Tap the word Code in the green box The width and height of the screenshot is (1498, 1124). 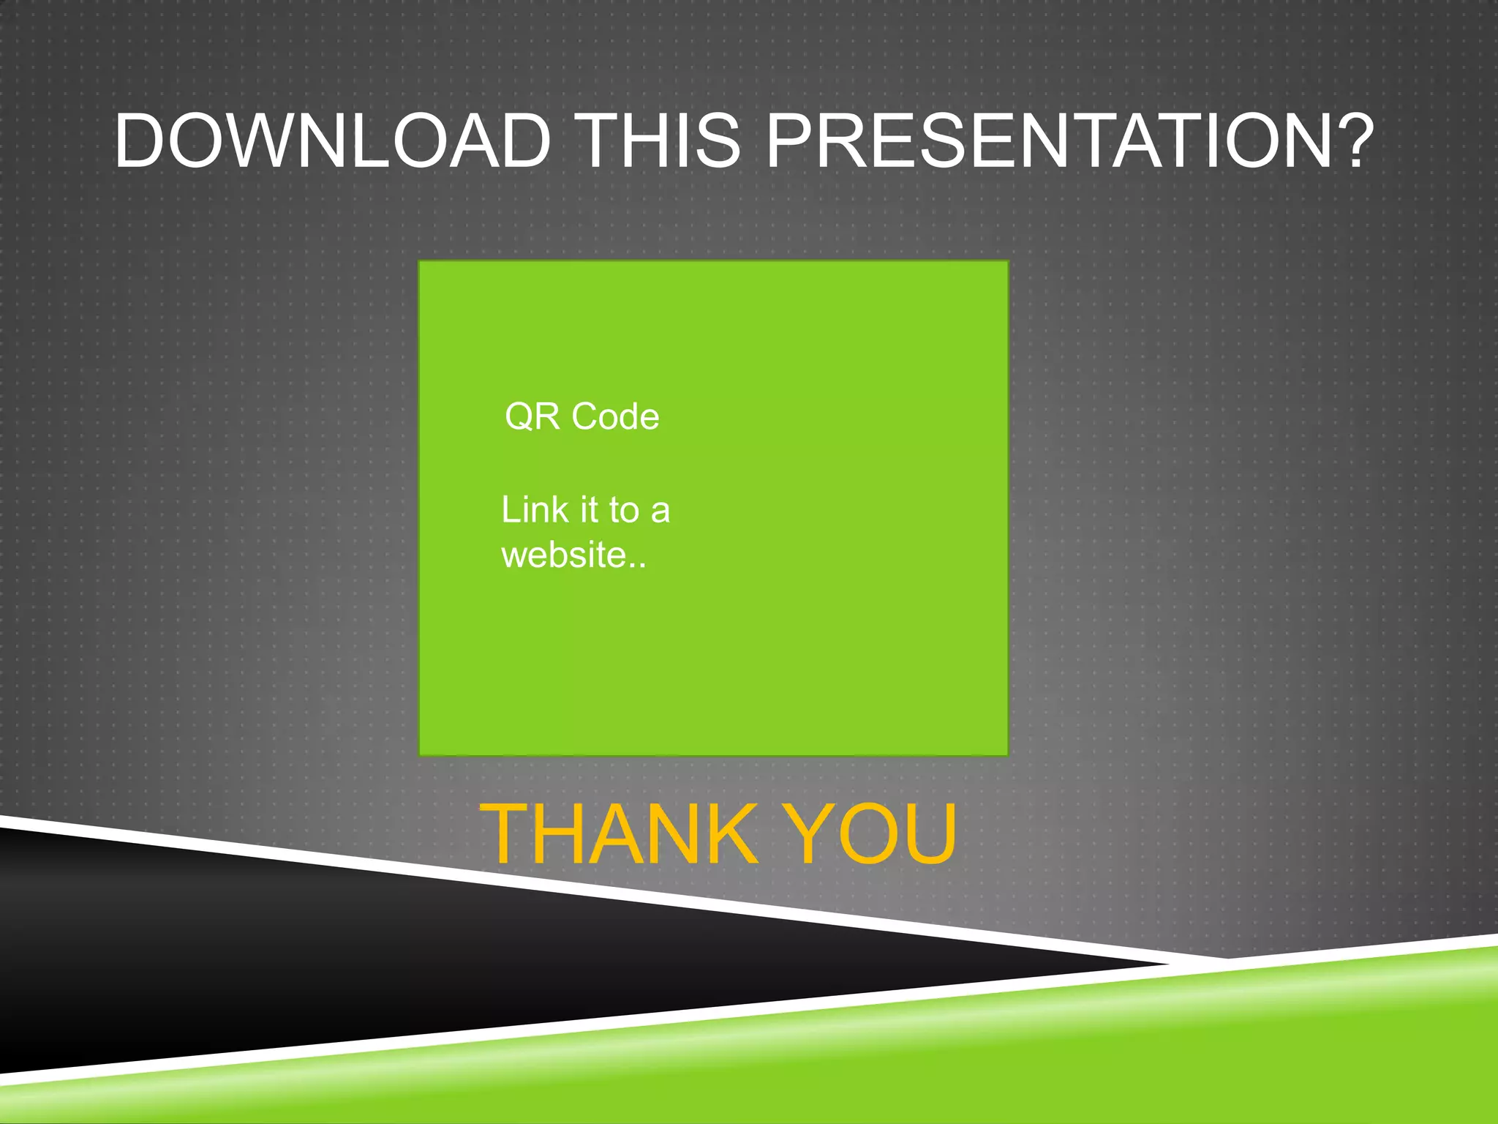tap(615, 416)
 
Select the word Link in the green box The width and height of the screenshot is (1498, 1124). tap(534, 509)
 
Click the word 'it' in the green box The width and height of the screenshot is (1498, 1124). tap(589, 509)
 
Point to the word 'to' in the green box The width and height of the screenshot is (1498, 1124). tap(624, 510)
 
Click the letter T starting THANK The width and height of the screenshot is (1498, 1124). tap(504, 833)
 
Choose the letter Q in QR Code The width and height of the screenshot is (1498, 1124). tap(519, 417)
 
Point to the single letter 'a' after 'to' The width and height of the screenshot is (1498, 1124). tap(660, 511)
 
